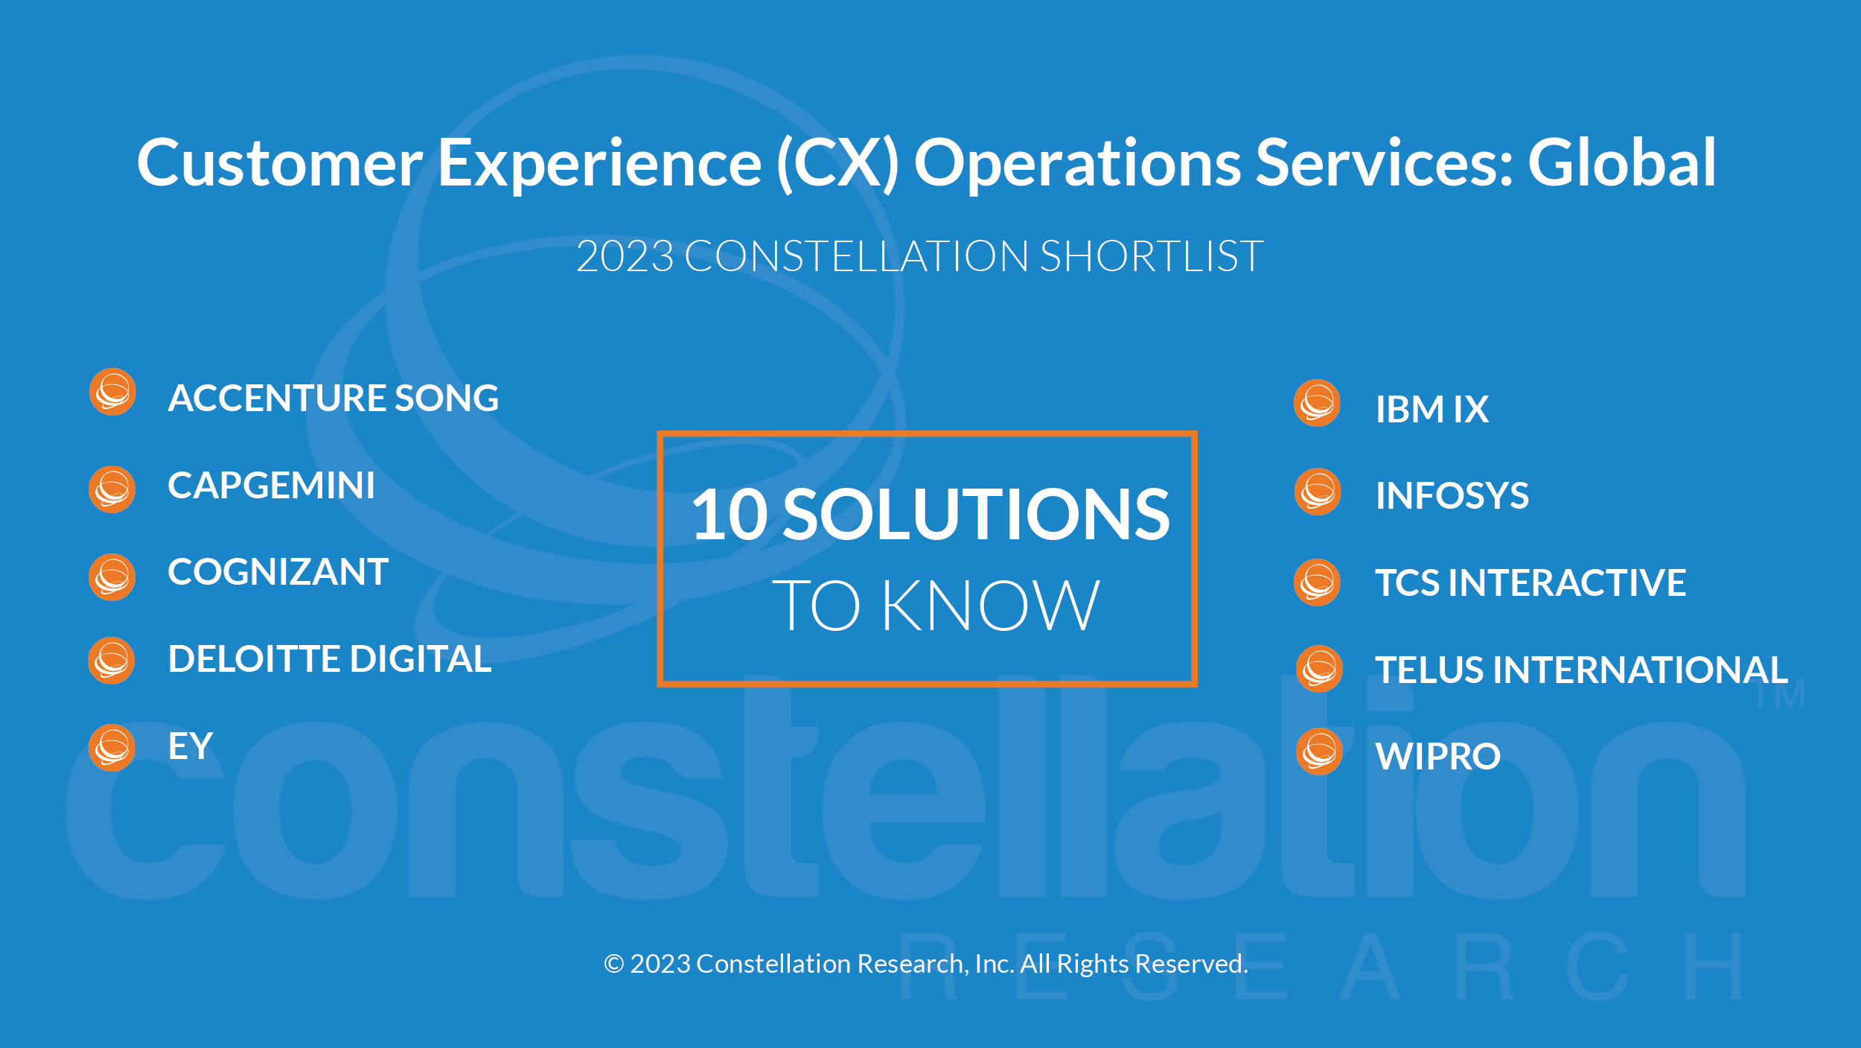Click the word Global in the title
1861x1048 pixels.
coord(1621,162)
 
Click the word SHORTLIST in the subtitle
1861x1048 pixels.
coord(1152,256)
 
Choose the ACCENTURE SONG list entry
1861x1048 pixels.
coord(333,398)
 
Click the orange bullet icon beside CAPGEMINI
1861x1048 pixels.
coord(112,489)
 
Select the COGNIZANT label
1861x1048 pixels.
coord(278,572)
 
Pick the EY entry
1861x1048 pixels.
coord(191,746)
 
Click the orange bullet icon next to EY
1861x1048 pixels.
coord(112,747)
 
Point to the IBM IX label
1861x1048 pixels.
coord(1432,410)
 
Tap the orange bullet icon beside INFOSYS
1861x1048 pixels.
coord(1318,492)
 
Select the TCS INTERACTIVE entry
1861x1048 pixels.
coord(1530,582)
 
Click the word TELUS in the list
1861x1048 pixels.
coord(1430,670)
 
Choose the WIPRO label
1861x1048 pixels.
coord(1438,757)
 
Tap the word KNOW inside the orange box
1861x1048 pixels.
coord(990,606)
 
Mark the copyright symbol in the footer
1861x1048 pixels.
coord(614,964)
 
